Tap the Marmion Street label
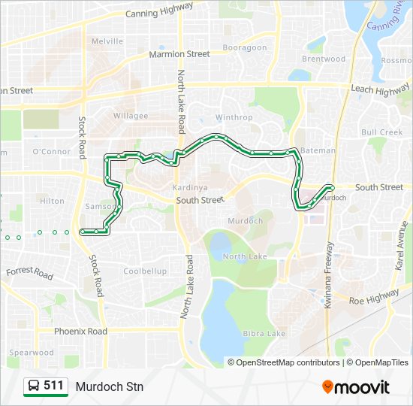[x=179, y=54]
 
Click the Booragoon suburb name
[x=244, y=47]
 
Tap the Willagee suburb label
[x=131, y=116]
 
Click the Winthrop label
[x=234, y=117]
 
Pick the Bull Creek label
[x=382, y=132]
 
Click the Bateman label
[x=318, y=150]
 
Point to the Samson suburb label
[x=101, y=207]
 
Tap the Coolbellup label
[x=145, y=271]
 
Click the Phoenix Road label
[x=80, y=331]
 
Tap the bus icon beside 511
[x=34, y=386]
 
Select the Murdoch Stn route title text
[x=109, y=386]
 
